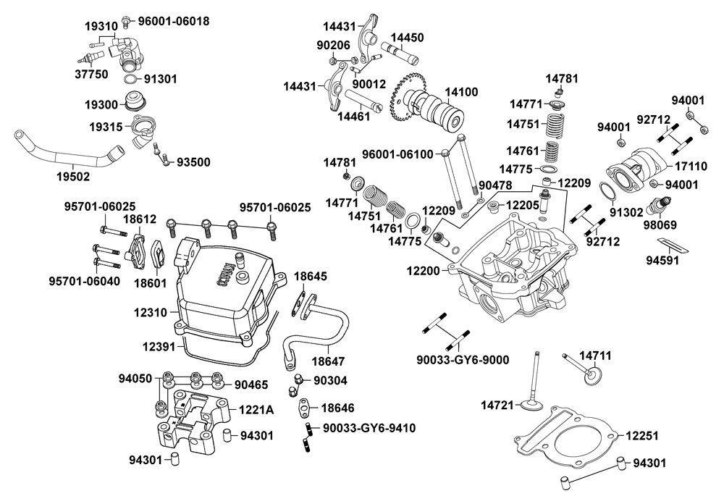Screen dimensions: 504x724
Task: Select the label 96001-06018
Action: coord(174,21)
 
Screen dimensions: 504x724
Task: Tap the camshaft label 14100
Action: coord(461,93)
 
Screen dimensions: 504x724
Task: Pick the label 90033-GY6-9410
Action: coord(369,428)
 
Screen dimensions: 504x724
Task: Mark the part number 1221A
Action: coord(256,410)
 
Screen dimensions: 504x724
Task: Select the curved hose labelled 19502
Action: coord(65,148)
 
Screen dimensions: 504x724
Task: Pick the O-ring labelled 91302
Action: coord(607,190)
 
